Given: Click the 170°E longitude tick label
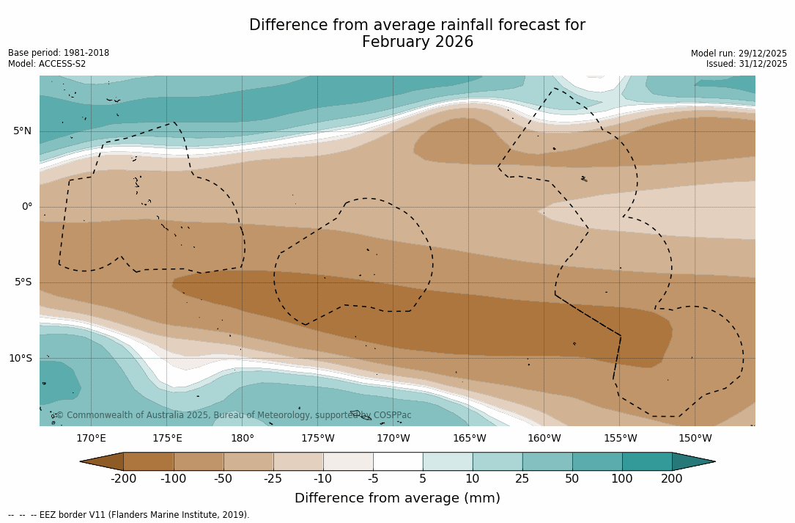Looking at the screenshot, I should coord(91,439).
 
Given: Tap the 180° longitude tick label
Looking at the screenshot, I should coord(242,439).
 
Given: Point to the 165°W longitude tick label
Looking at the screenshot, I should coord(469,439).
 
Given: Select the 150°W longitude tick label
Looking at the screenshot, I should coord(695,439).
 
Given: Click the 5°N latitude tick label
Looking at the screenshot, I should coord(22,131).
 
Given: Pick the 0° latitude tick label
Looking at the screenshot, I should coord(26,207).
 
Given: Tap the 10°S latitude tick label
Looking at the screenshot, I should coord(20,359).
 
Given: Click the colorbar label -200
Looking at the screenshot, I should coord(123,479).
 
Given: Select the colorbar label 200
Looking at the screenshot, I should coord(672,479).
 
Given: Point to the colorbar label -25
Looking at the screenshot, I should coord(273,479).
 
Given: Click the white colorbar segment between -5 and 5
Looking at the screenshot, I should coord(398,461).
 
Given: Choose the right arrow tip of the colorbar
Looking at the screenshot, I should coord(714,461).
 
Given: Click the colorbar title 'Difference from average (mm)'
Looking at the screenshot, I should coord(397,498).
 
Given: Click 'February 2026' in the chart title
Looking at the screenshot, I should coord(418,43).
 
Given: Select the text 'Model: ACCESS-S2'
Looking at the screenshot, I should coord(47,64).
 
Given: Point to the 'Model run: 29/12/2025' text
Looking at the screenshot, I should coord(739,54).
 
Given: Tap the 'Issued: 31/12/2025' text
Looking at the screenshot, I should coord(747,64).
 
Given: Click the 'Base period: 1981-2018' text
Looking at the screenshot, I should coord(59,53).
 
